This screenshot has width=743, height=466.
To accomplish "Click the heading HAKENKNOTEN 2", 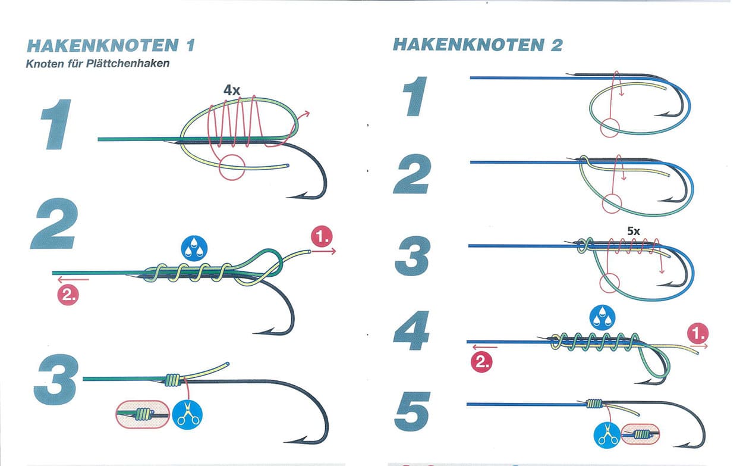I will pyautogui.click(x=477, y=45).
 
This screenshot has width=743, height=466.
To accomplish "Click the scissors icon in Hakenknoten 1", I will pyautogui.click(x=188, y=415).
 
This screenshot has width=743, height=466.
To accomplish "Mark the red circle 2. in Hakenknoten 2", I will pyautogui.click(x=481, y=362).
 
